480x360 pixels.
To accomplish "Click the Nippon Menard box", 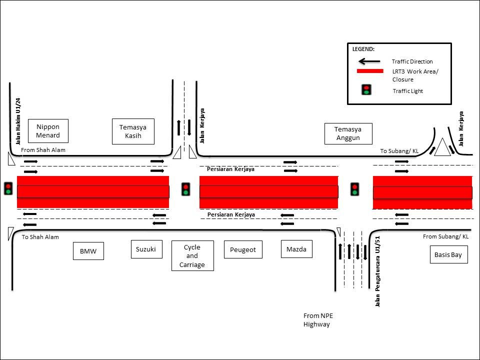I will pos(48,131).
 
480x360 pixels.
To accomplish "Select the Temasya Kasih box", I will pos(133,131).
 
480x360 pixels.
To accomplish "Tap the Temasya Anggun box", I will pos(347,133).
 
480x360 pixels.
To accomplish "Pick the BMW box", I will pos(88,251).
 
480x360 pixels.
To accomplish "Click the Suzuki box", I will pos(146,248).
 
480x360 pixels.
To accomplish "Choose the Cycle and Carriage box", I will pos(192,255).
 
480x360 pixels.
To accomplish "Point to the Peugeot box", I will pos(243,249).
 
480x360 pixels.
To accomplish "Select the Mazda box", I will pos(296,248).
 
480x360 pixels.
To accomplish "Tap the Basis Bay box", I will pos(448,255).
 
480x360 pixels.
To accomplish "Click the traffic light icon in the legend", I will pos(366,90).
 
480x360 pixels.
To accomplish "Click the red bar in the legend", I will pos(369,71).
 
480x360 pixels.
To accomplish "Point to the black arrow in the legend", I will pos(369,61).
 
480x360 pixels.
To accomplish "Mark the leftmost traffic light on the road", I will pos(8,188).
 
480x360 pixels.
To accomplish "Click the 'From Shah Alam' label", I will pos(43,150).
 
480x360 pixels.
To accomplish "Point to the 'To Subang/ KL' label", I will pos(400,151).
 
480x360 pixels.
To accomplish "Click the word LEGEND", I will pos(363,49).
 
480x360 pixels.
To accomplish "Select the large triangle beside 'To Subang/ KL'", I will pos(442,148).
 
